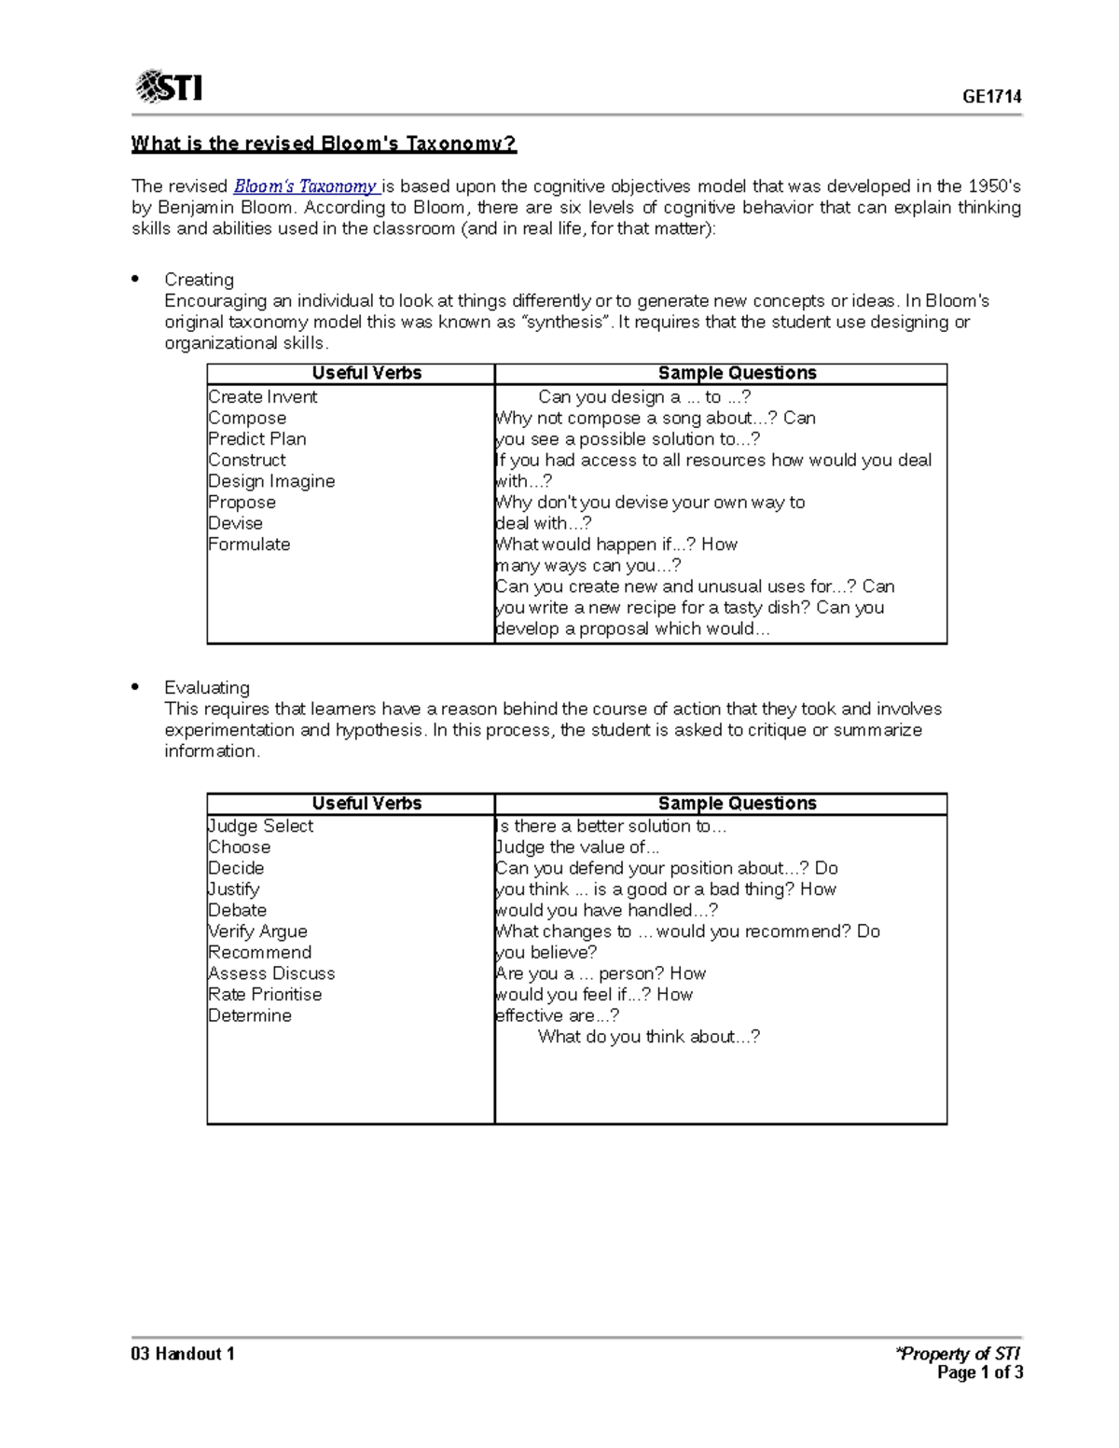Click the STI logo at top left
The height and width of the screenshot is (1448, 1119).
click(x=169, y=87)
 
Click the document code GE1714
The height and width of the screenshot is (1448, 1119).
click(x=992, y=96)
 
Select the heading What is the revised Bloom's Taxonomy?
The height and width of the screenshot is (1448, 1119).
click(x=323, y=144)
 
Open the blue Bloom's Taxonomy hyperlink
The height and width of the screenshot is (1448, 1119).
click(x=305, y=186)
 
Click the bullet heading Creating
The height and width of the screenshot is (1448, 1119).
click(x=199, y=280)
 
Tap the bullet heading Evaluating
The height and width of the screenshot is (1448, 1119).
click(x=207, y=687)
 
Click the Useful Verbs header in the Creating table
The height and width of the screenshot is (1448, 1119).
click(x=366, y=373)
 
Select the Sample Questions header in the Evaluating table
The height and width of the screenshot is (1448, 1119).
click(x=737, y=803)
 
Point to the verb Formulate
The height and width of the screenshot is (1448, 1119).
click(x=249, y=545)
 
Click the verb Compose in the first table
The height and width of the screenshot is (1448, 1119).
click(x=247, y=418)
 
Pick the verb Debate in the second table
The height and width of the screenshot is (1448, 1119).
click(x=237, y=910)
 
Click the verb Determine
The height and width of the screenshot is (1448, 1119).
click(x=250, y=1015)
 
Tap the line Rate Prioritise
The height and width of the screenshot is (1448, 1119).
click(x=265, y=994)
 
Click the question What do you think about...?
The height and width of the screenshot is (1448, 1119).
click(x=649, y=1037)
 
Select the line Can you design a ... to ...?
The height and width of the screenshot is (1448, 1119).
click(x=644, y=397)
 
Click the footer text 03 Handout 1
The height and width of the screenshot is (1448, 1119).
click(x=183, y=1354)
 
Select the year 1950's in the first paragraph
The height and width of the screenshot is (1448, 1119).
click(x=994, y=186)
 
